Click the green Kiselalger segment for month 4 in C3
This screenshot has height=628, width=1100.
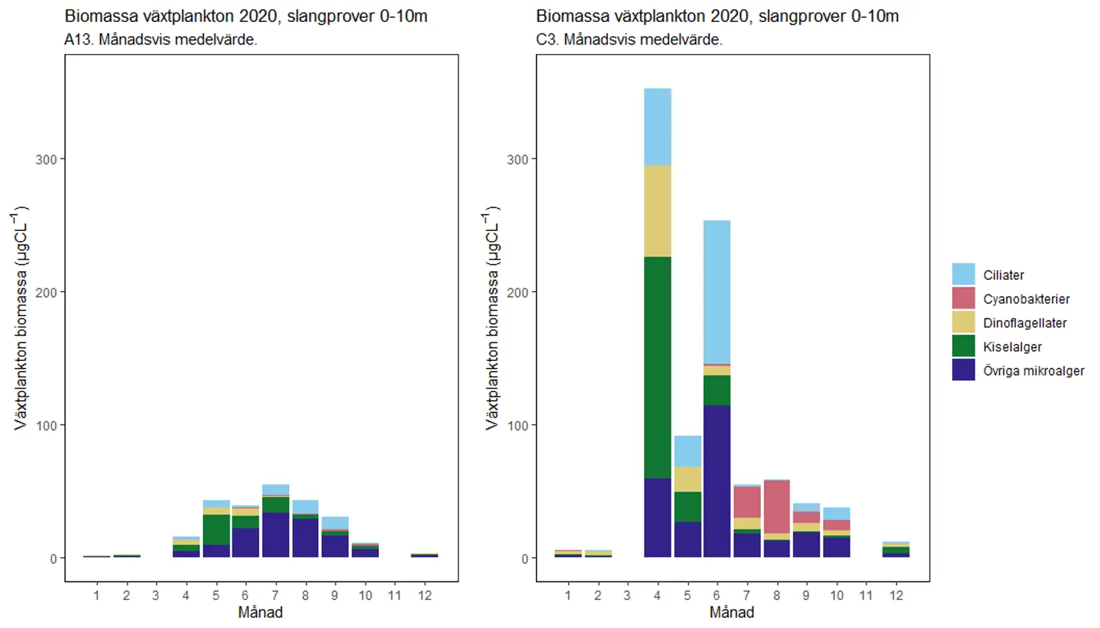click(657, 367)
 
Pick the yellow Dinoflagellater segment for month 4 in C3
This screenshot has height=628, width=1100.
click(657, 210)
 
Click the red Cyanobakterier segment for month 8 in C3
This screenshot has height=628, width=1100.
click(776, 506)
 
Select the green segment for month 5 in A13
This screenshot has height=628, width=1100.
click(216, 529)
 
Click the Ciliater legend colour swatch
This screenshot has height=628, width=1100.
click(963, 274)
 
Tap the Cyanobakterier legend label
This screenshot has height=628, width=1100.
click(1026, 299)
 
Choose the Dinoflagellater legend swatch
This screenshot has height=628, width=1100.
click(963, 322)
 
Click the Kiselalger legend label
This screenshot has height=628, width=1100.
click(1012, 347)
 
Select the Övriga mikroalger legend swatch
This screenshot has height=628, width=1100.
click(963, 370)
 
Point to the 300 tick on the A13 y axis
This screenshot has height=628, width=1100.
click(46, 160)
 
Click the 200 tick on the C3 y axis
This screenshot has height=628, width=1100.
click(517, 292)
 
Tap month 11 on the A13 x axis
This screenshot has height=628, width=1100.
click(394, 595)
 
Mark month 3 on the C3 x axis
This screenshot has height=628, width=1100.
click(627, 595)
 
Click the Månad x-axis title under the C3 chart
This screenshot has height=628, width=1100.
click(731, 613)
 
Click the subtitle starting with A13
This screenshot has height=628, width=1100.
click(160, 40)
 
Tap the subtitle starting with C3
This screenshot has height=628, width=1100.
click(629, 40)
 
